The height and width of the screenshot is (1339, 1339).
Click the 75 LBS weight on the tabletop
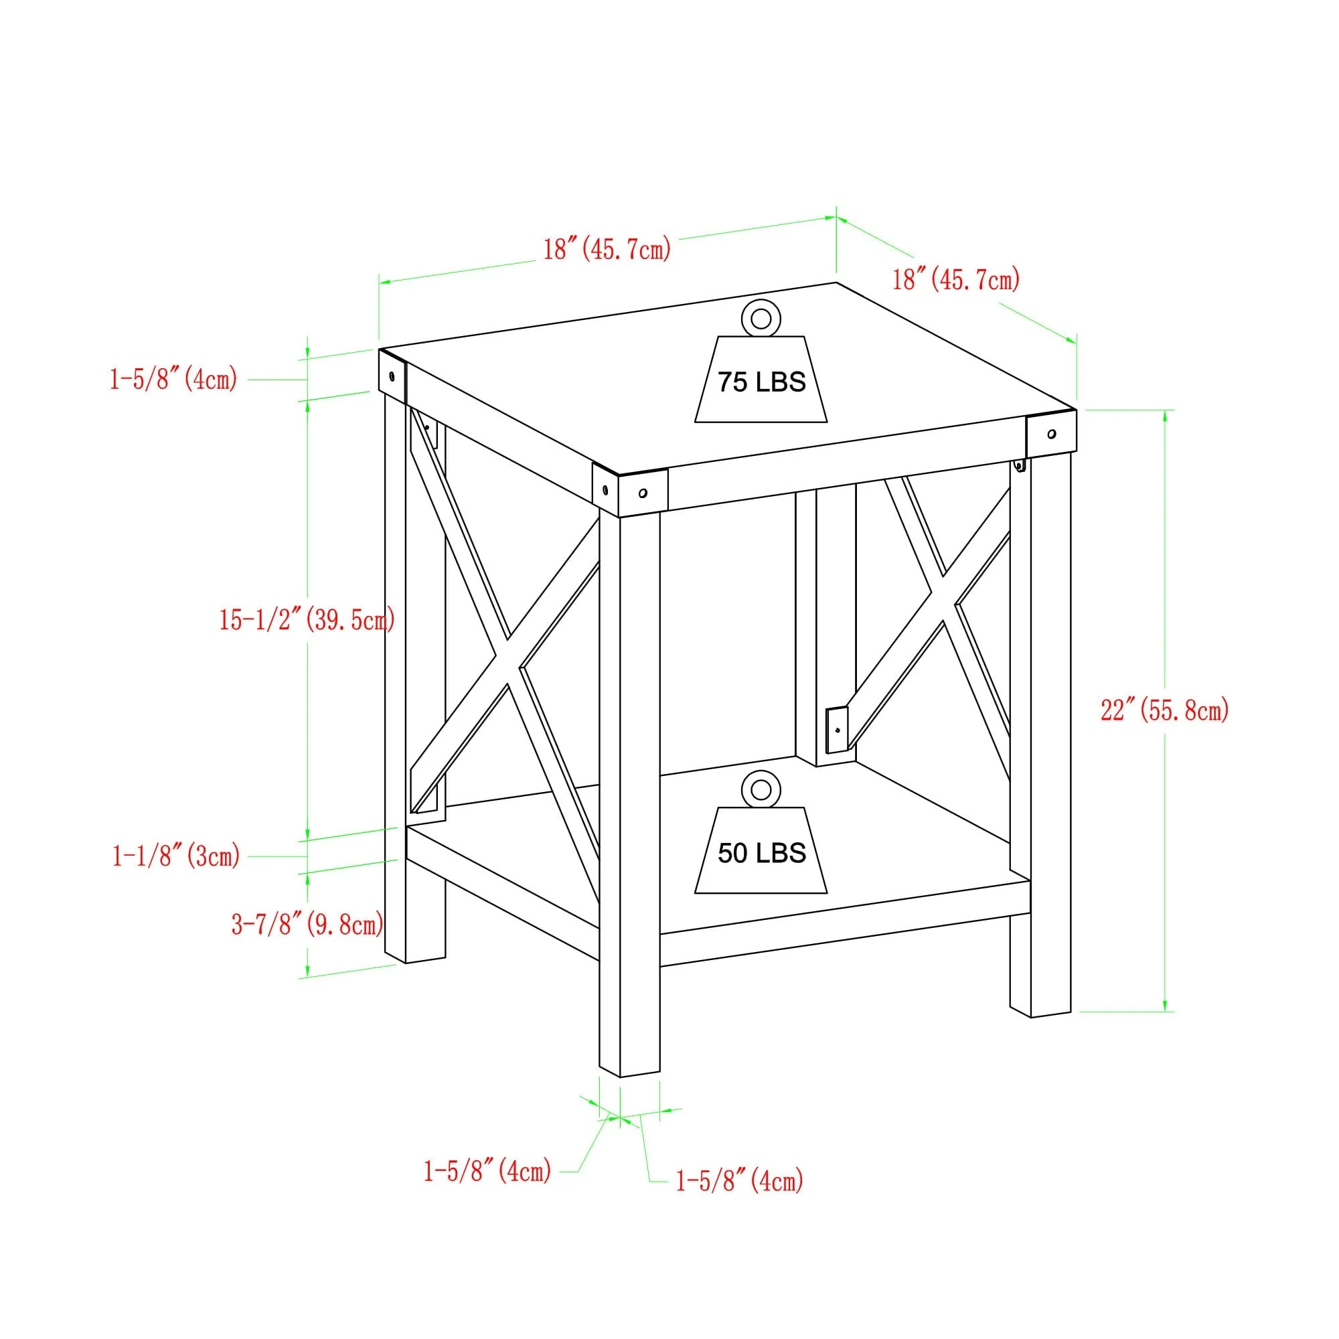pos(761,380)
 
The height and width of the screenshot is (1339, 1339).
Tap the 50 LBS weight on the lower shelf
pos(761,852)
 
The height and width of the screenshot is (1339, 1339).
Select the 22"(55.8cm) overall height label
pos(1164,710)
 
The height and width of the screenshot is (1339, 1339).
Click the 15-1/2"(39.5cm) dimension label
pos(307,619)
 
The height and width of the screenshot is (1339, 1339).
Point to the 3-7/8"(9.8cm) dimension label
pos(307,924)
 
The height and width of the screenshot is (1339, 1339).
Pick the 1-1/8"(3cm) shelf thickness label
pos(176,857)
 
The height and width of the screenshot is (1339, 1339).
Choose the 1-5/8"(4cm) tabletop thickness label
pos(173,379)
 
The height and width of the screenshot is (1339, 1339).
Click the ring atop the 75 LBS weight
pos(761,319)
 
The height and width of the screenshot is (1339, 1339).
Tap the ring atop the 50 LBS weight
pos(761,790)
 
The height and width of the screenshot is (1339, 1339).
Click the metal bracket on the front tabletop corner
pos(630,491)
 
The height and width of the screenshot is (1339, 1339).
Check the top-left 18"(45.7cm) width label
pos(607,248)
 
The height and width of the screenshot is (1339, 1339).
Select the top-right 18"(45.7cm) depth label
pos(956,279)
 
